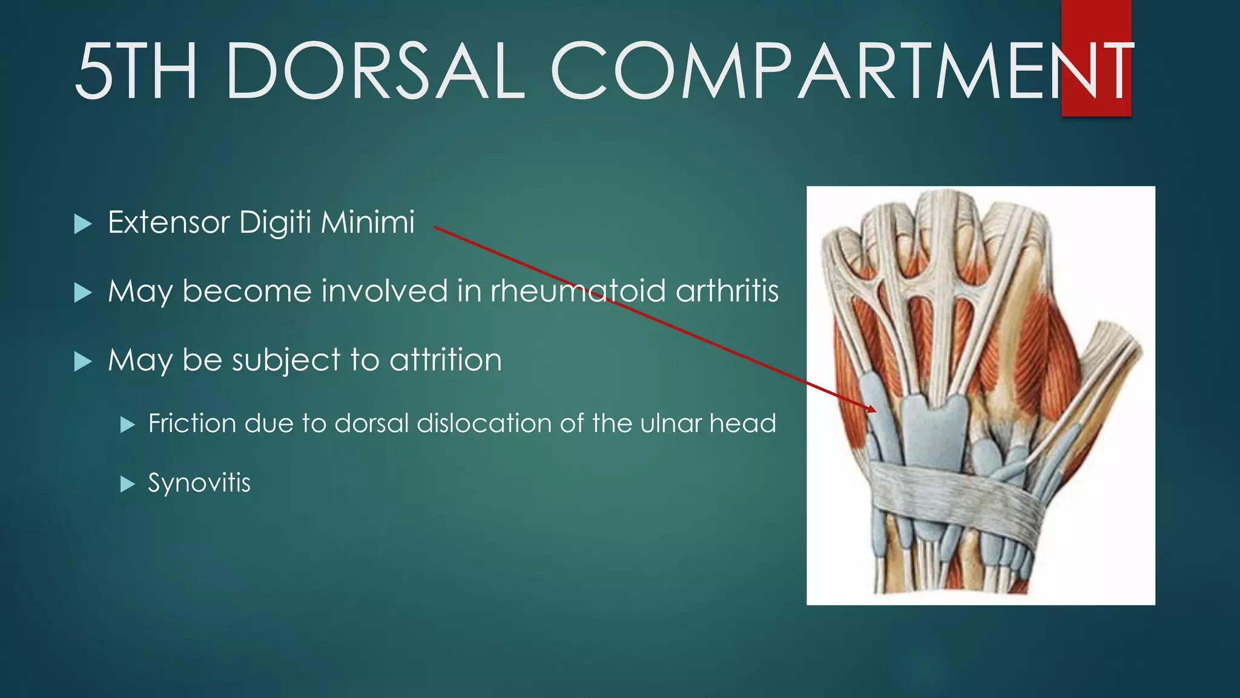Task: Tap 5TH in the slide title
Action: click(136, 71)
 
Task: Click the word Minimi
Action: click(368, 222)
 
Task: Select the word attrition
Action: click(446, 360)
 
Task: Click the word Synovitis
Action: click(199, 483)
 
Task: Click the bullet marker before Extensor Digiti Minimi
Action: click(82, 224)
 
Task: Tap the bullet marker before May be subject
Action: click(82, 362)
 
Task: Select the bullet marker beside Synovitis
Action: click(127, 484)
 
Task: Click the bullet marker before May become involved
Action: click(82, 293)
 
